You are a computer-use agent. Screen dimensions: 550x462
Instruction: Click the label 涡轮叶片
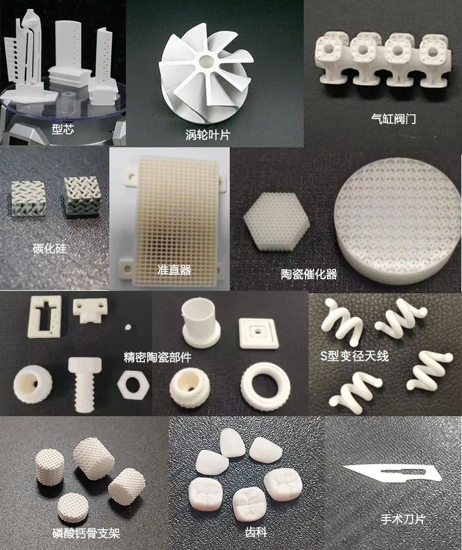point(207,134)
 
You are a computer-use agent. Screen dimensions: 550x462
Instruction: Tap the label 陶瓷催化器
point(309,274)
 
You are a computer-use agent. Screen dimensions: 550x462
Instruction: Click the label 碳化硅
point(51,249)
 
